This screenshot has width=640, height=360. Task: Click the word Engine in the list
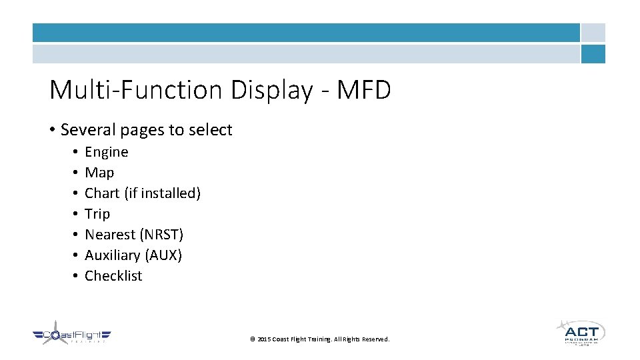tap(107, 152)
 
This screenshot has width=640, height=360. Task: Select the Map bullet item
tap(99, 173)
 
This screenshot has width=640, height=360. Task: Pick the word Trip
tap(97, 214)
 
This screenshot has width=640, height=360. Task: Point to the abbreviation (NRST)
tap(161, 235)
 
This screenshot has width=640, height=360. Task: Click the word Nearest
tap(109, 235)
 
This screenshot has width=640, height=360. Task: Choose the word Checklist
tap(113, 276)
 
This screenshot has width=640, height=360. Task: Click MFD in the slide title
tap(364, 90)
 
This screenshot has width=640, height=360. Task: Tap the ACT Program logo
tap(581, 333)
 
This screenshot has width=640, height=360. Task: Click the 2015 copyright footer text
tap(319, 339)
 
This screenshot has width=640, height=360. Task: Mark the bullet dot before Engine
tap(76, 152)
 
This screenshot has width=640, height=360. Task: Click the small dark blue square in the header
tap(593, 54)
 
